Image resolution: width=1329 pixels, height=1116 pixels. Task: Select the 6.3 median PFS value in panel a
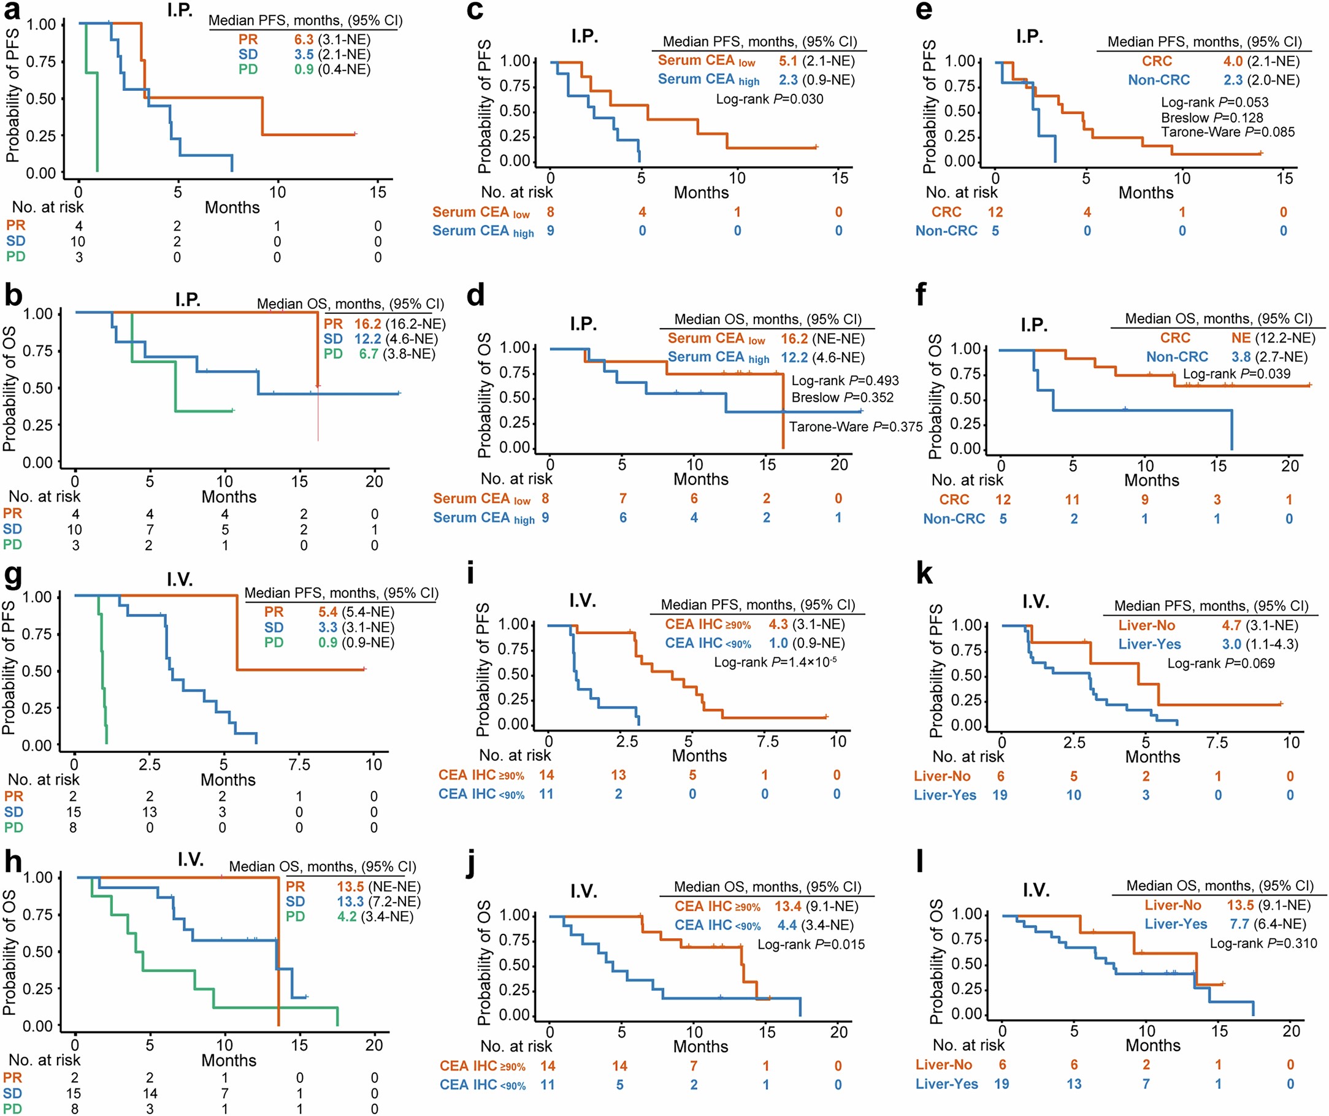pyautogui.click(x=304, y=39)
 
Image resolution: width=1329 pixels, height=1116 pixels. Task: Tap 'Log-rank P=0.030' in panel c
pyautogui.click(x=770, y=99)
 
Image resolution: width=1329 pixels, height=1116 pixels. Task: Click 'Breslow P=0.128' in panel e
pyautogui.click(x=1211, y=118)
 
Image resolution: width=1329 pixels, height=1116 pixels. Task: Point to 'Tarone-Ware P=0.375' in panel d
pyautogui.click(x=856, y=426)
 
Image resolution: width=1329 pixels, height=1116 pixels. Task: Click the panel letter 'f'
pyautogui.click(x=921, y=294)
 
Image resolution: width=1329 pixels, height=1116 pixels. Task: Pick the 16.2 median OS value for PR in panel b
pyautogui.click(x=367, y=324)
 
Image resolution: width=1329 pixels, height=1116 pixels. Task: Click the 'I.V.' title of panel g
pyautogui.click(x=180, y=579)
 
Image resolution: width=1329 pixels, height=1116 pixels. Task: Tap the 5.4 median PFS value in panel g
pyautogui.click(x=328, y=612)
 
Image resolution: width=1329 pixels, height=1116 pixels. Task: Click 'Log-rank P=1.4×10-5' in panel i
pyautogui.click(x=775, y=662)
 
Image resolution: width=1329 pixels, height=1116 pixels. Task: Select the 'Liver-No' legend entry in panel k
pyautogui.click(x=1146, y=625)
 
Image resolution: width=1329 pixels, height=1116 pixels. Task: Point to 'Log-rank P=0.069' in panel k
pyautogui.click(x=1221, y=663)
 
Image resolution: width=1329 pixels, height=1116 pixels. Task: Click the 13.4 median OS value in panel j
pyautogui.click(x=788, y=906)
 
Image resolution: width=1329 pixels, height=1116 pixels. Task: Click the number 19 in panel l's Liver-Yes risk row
pyautogui.click(x=1001, y=1084)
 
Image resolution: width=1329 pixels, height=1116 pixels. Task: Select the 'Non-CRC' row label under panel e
pyautogui.click(x=946, y=231)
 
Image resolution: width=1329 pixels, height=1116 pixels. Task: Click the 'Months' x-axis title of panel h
pyautogui.click(x=229, y=1060)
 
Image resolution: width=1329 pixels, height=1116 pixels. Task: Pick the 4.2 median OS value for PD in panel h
pyautogui.click(x=347, y=916)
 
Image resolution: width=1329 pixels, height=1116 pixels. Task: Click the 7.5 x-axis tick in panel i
pyautogui.click(x=767, y=741)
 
